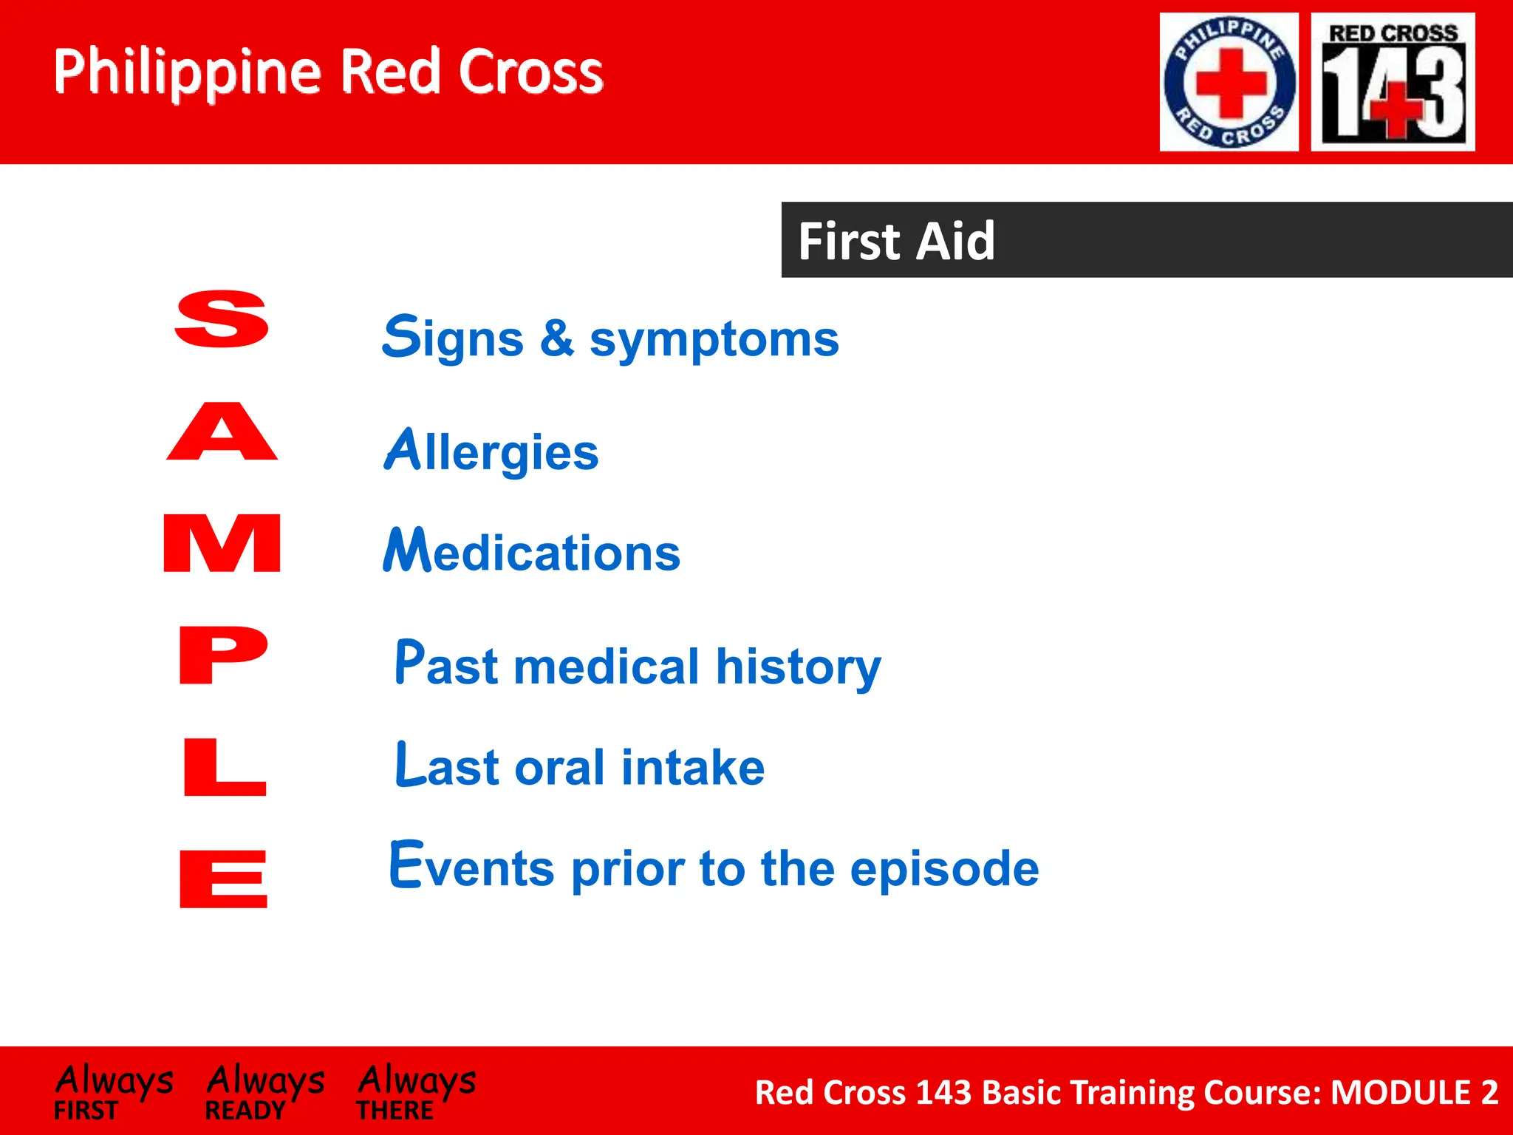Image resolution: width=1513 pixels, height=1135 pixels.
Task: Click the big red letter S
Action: pyautogui.click(x=222, y=318)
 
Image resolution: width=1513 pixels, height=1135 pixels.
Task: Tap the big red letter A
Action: pyautogui.click(x=222, y=432)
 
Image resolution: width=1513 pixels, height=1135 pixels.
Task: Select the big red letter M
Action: pyautogui.click(x=222, y=543)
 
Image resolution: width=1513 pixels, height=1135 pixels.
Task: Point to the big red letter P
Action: pyautogui.click(x=223, y=655)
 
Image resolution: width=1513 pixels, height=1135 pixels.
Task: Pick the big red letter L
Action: pyautogui.click(x=224, y=767)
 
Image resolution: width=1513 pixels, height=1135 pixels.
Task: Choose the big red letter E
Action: pyautogui.click(x=223, y=879)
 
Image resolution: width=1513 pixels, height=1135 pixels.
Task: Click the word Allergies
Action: pyautogui.click(x=491, y=451)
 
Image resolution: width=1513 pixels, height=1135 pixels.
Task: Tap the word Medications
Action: pyautogui.click(x=531, y=551)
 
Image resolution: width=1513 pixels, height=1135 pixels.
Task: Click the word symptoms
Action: pyautogui.click(x=714, y=341)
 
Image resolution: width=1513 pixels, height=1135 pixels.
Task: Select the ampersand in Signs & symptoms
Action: pyautogui.click(x=556, y=338)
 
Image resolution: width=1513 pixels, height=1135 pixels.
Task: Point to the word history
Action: pyautogui.click(x=798, y=667)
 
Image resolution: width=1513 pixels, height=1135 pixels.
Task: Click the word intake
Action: pyautogui.click(x=692, y=767)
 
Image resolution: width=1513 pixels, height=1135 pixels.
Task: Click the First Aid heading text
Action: pyautogui.click(x=896, y=241)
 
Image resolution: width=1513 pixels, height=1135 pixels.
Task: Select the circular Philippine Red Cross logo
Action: pyautogui.click(x=1229, y=82)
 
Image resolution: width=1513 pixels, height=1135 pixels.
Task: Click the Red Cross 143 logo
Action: pyautogui.click(x=1393, y=82)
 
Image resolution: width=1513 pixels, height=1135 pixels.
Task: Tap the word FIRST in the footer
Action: pyautogui.click(x=86, y=1111)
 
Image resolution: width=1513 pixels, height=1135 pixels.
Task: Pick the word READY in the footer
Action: pyautogui.click(x=245, y=1111)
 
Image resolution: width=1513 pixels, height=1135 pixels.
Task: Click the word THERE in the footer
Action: pyautogui.click(x=395, y=1111)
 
